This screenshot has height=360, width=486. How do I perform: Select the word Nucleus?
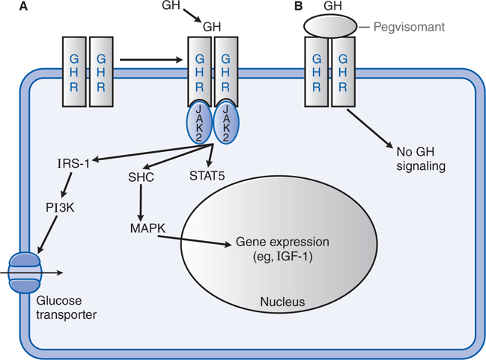click(x=280, y=302)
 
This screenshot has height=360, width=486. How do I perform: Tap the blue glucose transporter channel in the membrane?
click(x=25, y=272)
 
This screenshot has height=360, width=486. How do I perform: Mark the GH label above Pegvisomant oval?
click(x=331, y=6)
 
